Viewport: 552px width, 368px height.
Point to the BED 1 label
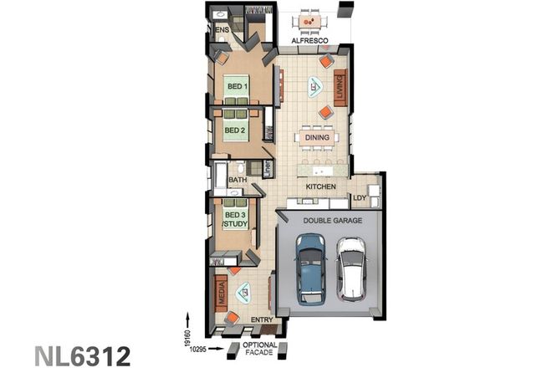(236, 85)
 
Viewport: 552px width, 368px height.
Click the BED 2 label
(236, 131)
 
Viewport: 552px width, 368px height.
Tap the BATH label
(237, 180)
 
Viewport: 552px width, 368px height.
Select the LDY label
(360, 198)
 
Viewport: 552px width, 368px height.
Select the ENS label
(222, 30)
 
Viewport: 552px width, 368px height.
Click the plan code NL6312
(82, 355)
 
